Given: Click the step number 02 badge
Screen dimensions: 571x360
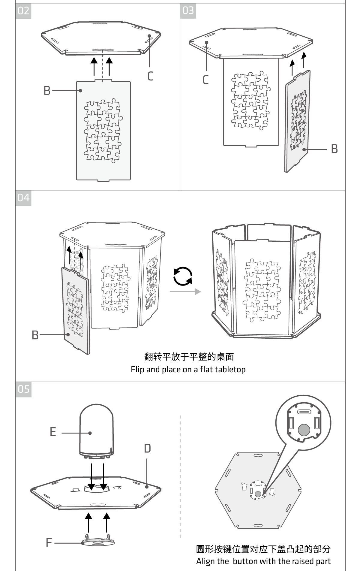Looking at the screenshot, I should click(x=23, y=11).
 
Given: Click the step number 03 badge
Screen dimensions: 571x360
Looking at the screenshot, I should click(x=188, y=11).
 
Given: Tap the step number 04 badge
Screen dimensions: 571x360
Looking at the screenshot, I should click(x=23, y=198).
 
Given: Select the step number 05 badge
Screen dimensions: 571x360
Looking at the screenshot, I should click(x=23, y=389).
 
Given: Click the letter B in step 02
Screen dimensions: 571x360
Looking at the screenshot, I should click(x=47, y=90).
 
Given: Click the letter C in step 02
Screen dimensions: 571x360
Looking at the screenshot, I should click(x=150, y=76).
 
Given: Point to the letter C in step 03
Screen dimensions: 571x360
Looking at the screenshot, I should click(x=205, y=80).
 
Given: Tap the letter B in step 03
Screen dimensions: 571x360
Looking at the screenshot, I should click(x=334, y=149).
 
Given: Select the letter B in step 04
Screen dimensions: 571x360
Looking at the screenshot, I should click(x=35, y=335).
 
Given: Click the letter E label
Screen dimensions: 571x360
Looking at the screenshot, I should click(x=53, y=432).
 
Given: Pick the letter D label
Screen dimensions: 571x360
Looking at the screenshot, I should click(x=147, y=448).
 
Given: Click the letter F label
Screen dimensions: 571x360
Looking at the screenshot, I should click(x=49, y=542).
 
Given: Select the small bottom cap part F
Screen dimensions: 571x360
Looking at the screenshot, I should click(x=98, y=542).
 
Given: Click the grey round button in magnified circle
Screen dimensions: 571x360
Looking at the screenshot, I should click(x=304, y=430).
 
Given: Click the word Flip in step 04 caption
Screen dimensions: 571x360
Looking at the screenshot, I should click(x=138, y=369).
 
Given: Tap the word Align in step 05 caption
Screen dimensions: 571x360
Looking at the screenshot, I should click(x=205, y=561).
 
